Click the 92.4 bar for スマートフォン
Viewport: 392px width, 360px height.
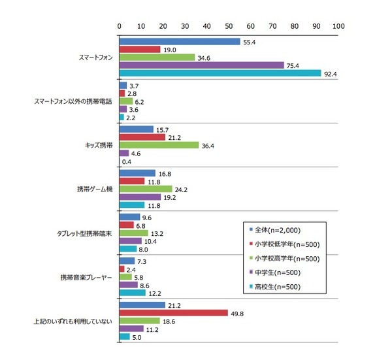[x=220, y=73]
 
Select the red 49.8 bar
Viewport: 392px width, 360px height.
[x=173, y=312]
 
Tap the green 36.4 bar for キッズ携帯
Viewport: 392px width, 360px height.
[x=159, y=145]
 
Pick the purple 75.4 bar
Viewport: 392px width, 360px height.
[x=201, y=65]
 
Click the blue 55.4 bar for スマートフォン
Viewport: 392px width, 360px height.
[x=180, y=41]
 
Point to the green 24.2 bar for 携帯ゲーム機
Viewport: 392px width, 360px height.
[x=146, y=189]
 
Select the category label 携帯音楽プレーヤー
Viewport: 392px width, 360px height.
[x=86, y=276]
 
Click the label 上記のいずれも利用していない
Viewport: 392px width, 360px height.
[x=74, y=320]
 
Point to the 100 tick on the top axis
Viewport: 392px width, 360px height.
[x=338, y=25]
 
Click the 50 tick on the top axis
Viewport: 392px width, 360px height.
[x=229, y=25]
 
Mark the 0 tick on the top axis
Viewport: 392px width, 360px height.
[x=120, y=25]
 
